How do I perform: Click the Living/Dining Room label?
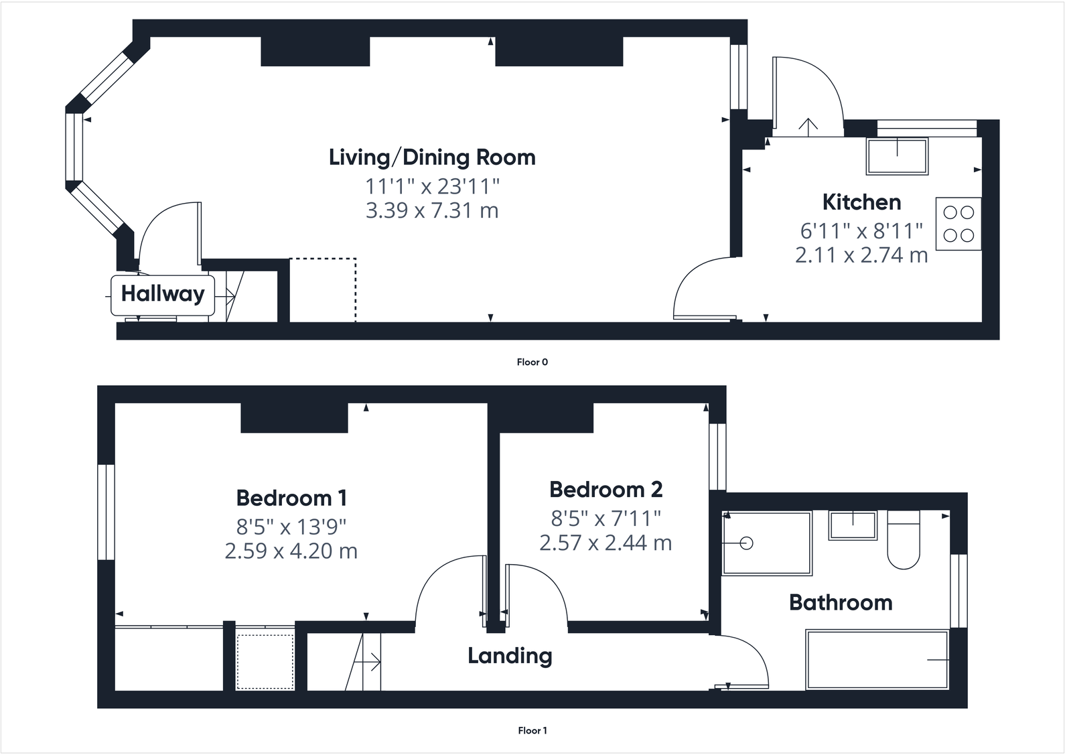[432, 157]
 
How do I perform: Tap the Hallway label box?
[163, 294]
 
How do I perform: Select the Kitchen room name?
[861, 202]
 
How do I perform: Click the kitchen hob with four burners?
[958, 224]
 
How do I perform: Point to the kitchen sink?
[898, 156]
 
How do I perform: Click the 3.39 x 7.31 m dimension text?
[432, 210]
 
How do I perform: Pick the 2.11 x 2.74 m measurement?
[861, 255]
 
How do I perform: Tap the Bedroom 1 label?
[291, 498]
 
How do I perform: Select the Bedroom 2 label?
[606, 490]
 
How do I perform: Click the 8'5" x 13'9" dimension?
[291, 527]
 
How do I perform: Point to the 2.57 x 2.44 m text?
[606, 543]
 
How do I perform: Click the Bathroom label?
[841, 602]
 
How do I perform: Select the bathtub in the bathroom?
[877, 660]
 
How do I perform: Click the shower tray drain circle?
[747, 543]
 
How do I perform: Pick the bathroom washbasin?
[853, 525]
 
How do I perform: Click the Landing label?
[510, 656]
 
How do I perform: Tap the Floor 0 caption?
[532, 362]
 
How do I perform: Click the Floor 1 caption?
[532, 731]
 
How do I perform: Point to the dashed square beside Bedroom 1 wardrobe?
[265, 661]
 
